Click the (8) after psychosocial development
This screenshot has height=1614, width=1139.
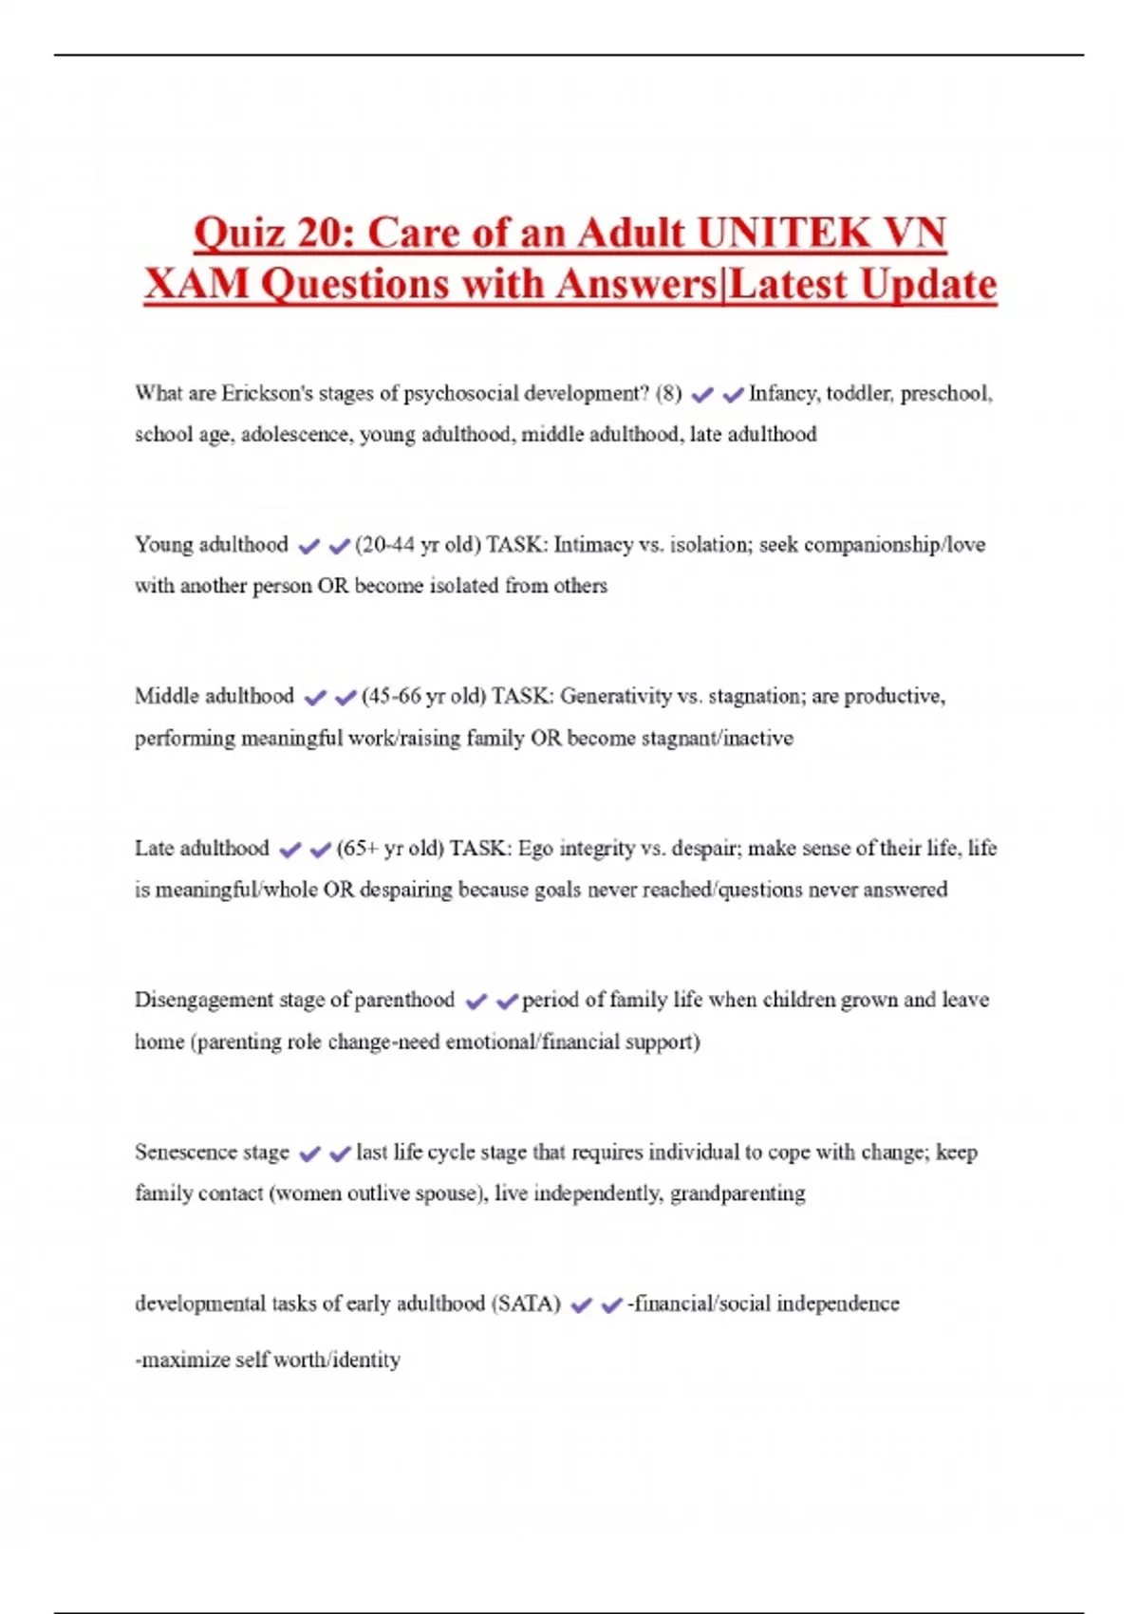coord(668,393)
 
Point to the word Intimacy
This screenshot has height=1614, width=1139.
coord(593,545)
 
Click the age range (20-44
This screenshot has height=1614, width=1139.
coord(385,545)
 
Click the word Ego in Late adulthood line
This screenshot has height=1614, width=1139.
coord(535,848)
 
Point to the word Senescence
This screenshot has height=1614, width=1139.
coord(186,1152)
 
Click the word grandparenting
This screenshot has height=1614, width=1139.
coord(738,1193)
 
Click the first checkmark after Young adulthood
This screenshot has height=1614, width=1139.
coord(308,546)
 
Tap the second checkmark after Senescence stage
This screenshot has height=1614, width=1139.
coord(340,1154)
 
